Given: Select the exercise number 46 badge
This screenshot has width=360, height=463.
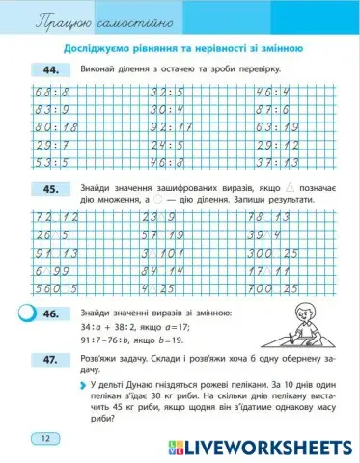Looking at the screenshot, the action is click(50, 313).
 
